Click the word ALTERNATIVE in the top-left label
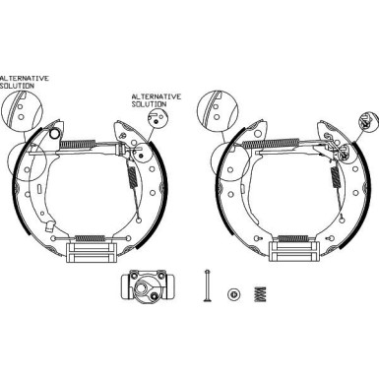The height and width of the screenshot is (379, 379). pyautogui.click(x=24, y=76)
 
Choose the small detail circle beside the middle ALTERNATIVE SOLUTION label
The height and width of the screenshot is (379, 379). pyautogui.click(x=156, y=118)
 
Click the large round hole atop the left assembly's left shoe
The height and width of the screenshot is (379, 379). pyautogui.click(x=56, y=134)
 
